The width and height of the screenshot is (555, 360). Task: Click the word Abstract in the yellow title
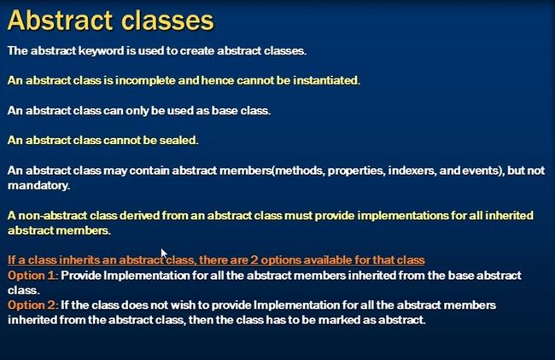tap(60, 20)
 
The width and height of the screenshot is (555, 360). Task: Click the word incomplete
tap(145, 81)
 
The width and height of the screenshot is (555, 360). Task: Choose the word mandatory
tap(38, 186)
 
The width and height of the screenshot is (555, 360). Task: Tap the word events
tap(482, 171)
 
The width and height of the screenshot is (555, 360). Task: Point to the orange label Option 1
tap(32, 276)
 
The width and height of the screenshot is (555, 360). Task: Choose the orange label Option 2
tap(32, 305)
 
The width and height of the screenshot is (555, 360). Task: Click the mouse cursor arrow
tap(164, 254)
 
